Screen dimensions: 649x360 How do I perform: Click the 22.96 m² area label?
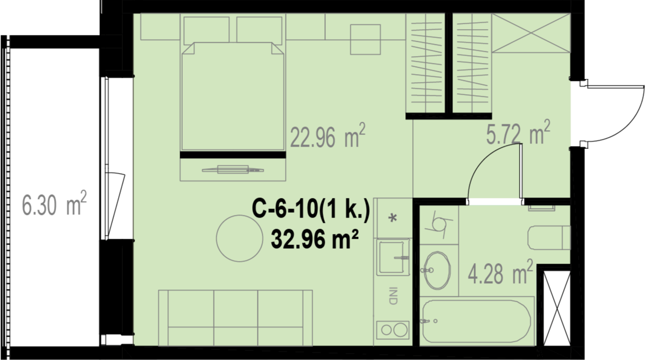(327, 136)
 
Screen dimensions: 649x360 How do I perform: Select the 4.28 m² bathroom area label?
(500, 272)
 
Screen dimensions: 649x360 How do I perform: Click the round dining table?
(239, 238)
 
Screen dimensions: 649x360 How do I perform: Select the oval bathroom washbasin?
(437, 271)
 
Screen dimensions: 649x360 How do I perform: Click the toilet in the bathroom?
(549, 238)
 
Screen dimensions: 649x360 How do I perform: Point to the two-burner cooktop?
(393, 330)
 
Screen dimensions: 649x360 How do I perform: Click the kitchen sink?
(393, 257)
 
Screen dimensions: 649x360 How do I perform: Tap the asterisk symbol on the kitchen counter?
(393, 218)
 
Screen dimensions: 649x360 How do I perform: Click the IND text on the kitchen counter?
(393, 296)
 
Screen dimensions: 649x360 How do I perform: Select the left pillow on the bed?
(207, 30)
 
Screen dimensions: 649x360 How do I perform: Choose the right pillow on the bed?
(259, 30)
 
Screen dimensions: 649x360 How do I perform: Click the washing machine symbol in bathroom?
(439, 225)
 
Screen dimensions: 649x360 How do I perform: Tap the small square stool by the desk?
(366, 39)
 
